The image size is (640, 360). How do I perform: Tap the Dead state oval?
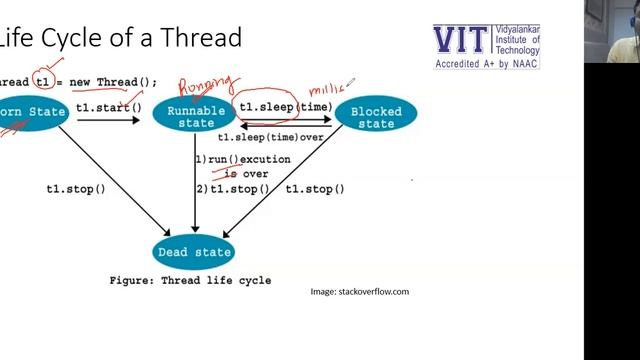pos(195,252)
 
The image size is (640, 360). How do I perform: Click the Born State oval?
pos(32,113)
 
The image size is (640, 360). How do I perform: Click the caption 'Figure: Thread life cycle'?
pos(190,281)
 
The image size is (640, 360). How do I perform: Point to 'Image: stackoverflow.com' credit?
pos(360,292)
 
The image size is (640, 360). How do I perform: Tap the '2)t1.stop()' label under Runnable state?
pos(232,189)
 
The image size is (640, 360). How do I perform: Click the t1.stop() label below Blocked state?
pos(315,189)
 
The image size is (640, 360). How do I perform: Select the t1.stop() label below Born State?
pos(76,189)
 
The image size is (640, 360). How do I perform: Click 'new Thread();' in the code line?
pos(117,82)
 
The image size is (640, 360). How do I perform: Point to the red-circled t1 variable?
pos(42,81)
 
